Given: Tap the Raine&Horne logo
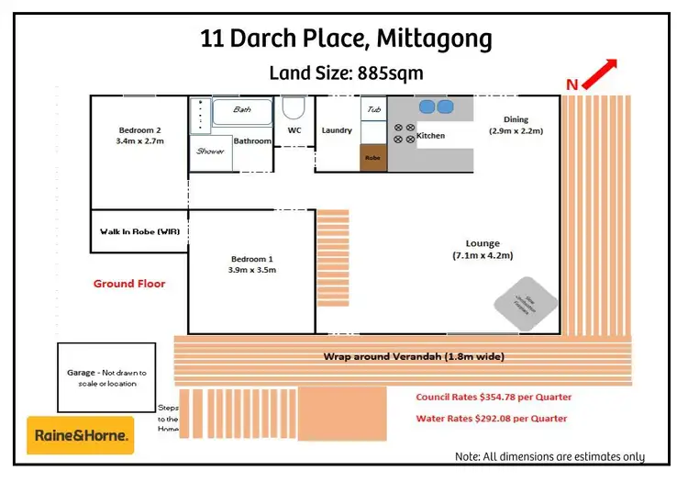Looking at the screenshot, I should tap(81, 435).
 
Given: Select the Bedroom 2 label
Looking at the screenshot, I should tap(139, 135).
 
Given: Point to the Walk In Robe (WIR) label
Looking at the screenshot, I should tap(139, 231).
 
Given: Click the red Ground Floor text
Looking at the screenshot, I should tap(129, 284).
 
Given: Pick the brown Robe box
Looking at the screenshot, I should tap(372, 157).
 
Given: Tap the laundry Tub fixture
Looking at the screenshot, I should tap(373, 109).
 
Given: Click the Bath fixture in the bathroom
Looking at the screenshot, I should tap(242, 111).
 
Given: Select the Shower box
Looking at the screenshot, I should tap(210, 151).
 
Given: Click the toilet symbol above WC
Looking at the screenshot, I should tap(294, 108).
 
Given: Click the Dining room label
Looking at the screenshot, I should tap(516, 125).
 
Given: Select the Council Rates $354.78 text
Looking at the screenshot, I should tap(494, 397).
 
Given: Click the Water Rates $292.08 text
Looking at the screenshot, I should tap(491, 418).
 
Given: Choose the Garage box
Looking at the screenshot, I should tap(106, 377).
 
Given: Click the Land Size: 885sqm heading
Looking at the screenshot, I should tap(345, 73).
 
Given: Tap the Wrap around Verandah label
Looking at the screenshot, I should tap(414, 356).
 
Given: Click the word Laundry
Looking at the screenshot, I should tap(337, 130).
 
